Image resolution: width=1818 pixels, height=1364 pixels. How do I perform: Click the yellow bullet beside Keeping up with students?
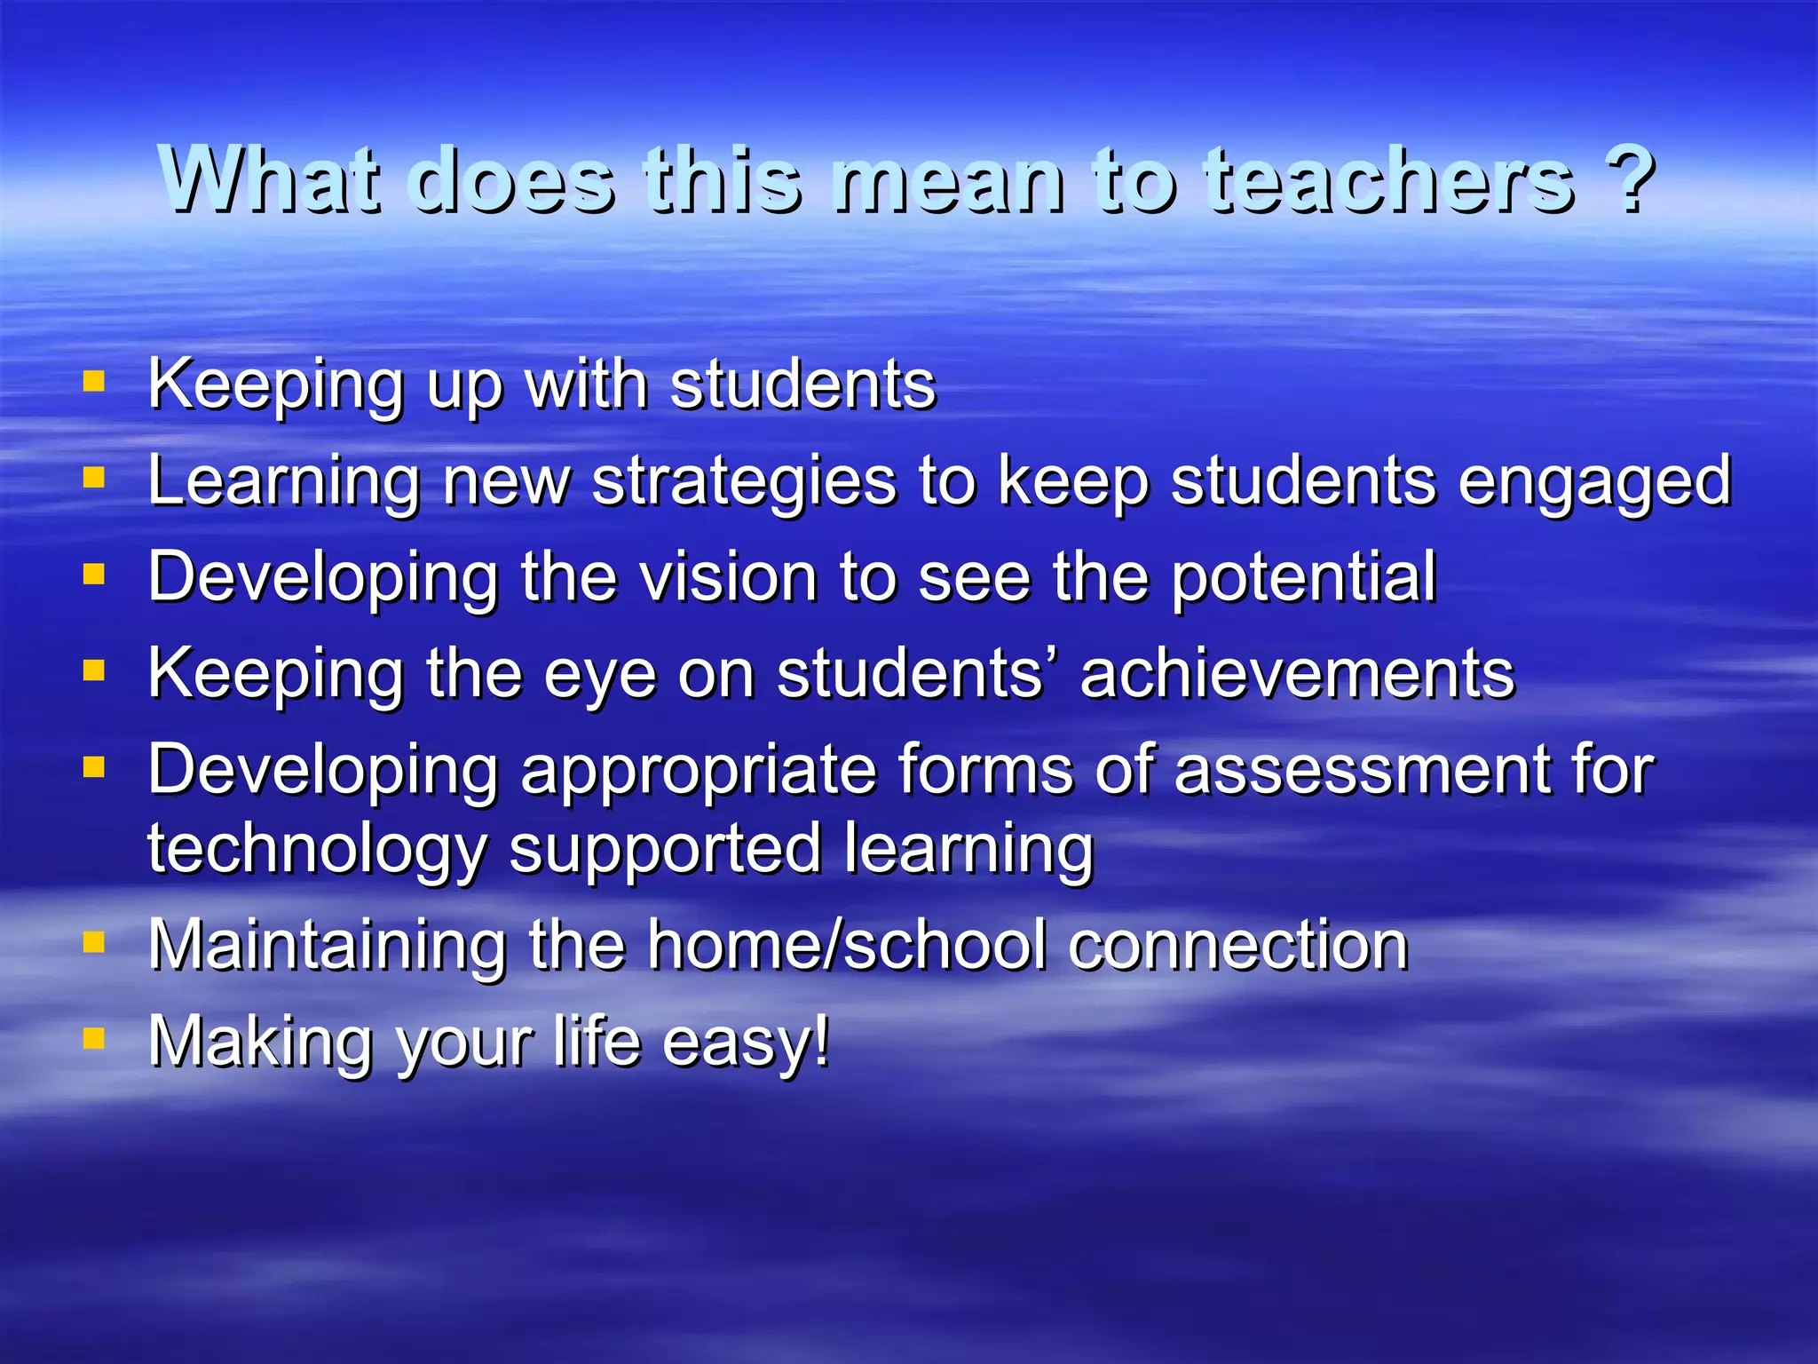pyautogui.click(x=94, y=382)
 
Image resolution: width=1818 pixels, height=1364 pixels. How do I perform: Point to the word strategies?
pyautogui.click(x=744, y=482)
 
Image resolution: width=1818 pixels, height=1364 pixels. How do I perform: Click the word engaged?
pyautogui.click(x=1594, y=482)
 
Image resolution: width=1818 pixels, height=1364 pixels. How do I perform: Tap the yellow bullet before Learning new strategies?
pyautogui.click(x=94, y=479)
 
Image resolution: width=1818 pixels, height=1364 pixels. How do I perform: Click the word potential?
pyautogui.click(x=1303, y=577)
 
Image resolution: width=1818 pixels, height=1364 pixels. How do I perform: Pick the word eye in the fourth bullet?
pyautogui.click(x=600, y=675)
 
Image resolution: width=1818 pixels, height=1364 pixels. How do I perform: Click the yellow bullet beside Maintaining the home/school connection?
pyautogui.click(x=94, y=941)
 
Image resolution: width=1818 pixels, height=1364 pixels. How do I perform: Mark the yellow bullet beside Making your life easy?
pyautogui.click(x=94, y=1037)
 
